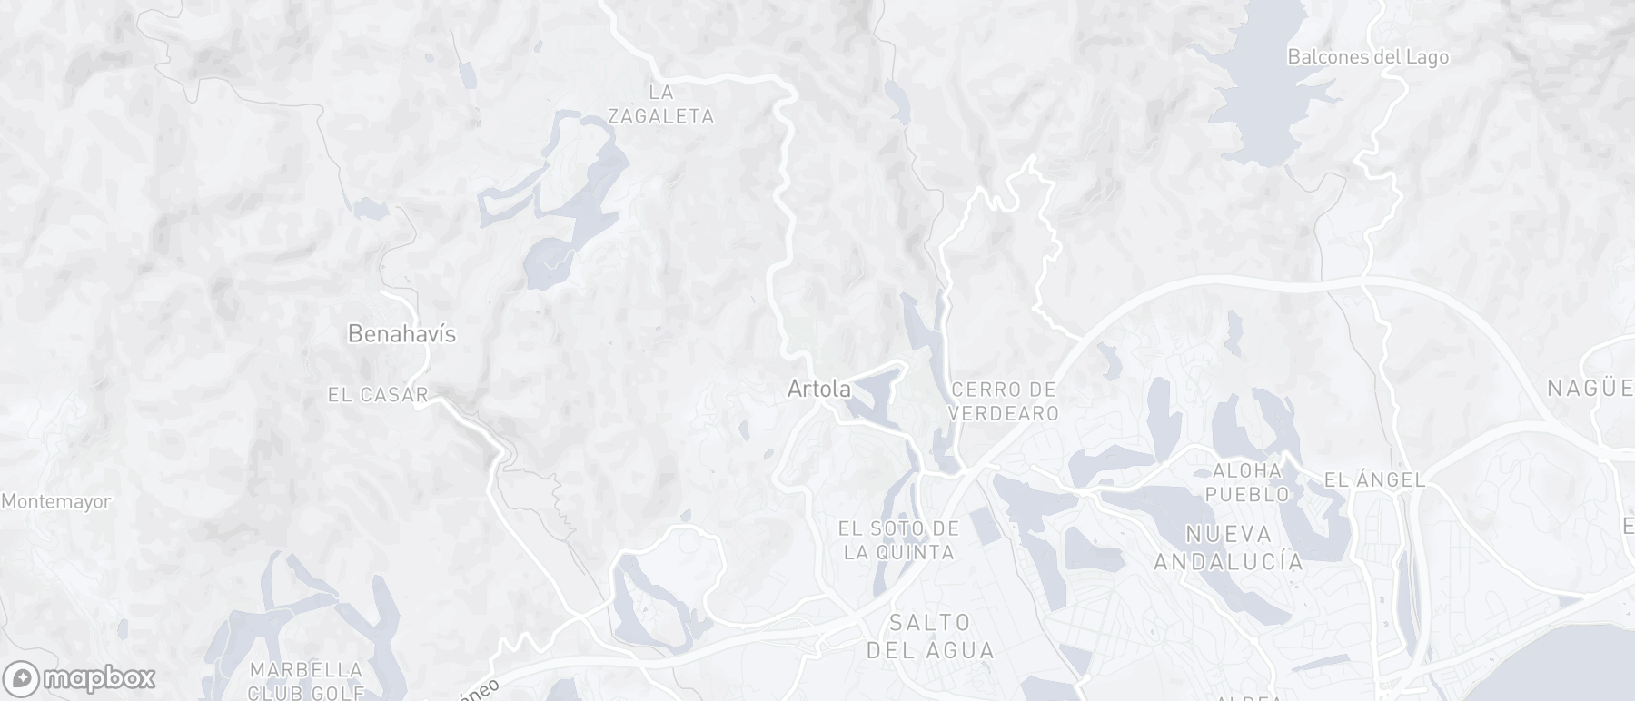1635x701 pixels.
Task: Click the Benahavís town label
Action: point(401,334)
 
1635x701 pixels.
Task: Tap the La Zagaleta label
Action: point(660,104)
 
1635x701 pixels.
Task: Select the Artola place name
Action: point(818,390)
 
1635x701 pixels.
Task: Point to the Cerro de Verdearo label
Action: point(1004,401)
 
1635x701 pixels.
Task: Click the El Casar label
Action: point(378,395)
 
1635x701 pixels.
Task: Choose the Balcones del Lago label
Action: point(1367,57)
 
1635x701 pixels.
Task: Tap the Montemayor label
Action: point(56,501)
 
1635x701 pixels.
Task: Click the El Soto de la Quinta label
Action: point(898,540)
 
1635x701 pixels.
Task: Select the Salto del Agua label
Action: point(929,637)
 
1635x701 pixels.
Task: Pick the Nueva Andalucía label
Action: point(1228,548)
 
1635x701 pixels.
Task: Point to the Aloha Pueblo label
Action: point(1247,482)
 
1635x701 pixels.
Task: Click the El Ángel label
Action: point(1374,479)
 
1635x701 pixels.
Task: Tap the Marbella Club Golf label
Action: point(306,681)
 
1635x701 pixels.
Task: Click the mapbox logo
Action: point(79,678)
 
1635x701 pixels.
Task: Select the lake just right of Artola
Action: point(867,392)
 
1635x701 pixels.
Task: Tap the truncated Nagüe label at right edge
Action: point(1590,390)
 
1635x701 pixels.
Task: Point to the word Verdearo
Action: point(1004,413)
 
